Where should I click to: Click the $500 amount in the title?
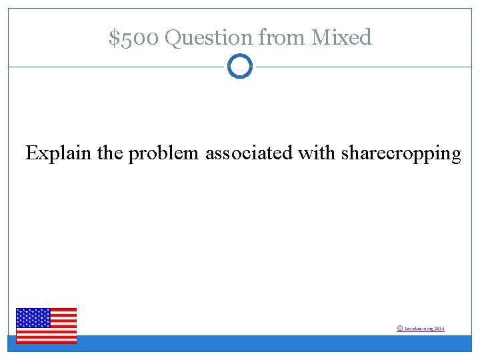[133, 38]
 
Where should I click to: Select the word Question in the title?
[208, 38]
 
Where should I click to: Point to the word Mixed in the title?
[341, 38]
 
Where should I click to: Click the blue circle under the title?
[240, 67]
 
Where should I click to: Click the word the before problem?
[110, 154]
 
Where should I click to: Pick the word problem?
[163, 154]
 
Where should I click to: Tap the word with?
[317, 154]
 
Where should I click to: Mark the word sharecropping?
[401, 154]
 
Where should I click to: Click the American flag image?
[46, 325]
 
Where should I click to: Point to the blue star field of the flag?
[33, 318]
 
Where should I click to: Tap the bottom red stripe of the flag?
[46, 341]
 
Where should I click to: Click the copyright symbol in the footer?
[399, 328]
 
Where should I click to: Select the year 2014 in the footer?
[439, 329]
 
